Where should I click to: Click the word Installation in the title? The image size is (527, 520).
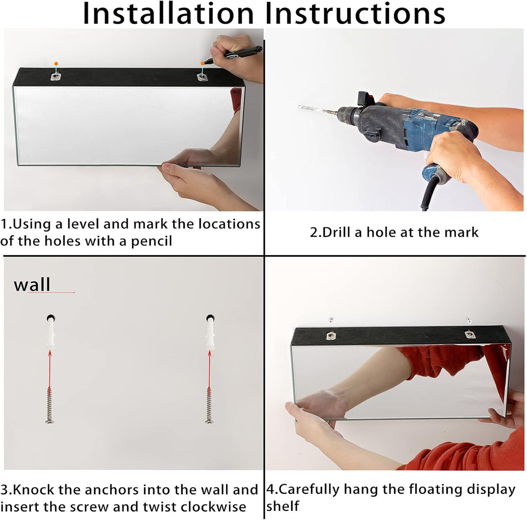coord(168,13)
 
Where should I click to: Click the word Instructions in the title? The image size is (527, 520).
coord(355,13)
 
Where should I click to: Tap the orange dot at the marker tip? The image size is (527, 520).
coord(202,63)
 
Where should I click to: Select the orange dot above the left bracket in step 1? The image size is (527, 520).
coord(56,64)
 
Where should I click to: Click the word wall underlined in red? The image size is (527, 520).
coord(32,284)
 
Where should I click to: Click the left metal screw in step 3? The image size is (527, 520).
coord(49,405)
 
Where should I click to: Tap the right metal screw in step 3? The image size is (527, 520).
coord(210,405)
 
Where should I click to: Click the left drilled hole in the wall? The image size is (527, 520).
coord(51,318)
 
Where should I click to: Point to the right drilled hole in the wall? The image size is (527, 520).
coord(210,318)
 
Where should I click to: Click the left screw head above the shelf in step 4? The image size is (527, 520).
coord(331,319)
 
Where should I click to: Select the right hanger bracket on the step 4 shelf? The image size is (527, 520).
coord(469,334)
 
